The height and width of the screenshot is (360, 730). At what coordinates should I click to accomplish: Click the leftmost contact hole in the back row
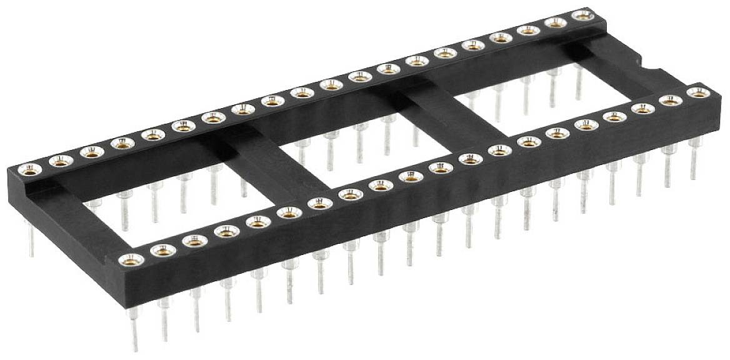tap(29, 167)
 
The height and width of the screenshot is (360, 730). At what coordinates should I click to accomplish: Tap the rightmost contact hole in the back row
tap(582, 14)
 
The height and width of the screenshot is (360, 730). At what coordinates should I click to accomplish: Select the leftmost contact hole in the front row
tap(131, 260)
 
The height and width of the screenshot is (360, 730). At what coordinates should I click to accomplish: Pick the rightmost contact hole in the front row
tap(697, 92)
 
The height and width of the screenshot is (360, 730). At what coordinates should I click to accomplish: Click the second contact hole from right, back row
tap(555, 22)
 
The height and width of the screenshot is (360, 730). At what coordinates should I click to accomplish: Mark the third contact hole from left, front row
tap(195, 241)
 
